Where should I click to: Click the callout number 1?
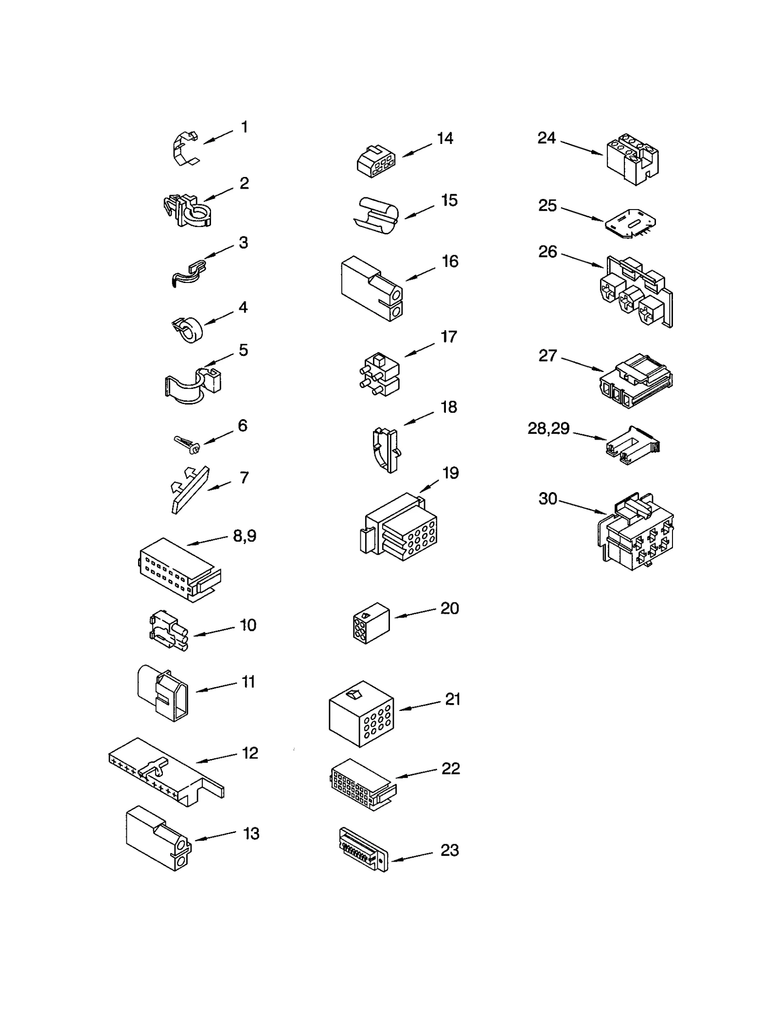click(245, 127)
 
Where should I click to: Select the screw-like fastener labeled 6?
click(187, 443)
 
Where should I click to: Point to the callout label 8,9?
click(245, 536)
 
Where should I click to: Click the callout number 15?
click(449, 200)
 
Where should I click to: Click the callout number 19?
click(450, 473)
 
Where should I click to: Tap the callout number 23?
click(449, 850)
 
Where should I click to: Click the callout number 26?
click(548, 252)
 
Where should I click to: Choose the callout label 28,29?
click(548, 428)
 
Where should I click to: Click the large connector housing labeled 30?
click(635, 532)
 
